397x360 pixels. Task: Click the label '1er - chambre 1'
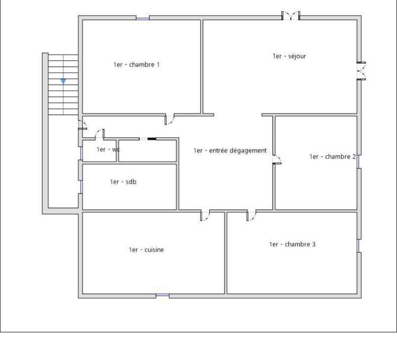[x=137, y=65]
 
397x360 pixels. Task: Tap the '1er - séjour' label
[x=290, y=56]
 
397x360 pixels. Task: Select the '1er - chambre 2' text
[x=332, y=157]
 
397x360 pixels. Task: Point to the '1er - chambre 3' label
[x=292, y=244]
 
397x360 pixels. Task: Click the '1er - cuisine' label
[x=146, y=250]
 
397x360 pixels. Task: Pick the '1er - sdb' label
[x=123, y=182]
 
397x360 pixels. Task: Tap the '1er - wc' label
[x=108, y=150]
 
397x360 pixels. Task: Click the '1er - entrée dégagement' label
[x=230, y=151]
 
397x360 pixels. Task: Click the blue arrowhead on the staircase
[x=63, y=82]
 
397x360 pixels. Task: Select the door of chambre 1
[x=170, y=120]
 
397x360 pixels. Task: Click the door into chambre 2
[x=277, y=160]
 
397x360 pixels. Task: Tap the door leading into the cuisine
[x=205, y=215]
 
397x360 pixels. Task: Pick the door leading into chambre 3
[x=251, y=215]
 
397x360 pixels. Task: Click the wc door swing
[x=100, y=134]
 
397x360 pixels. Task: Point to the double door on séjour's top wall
[x=291, y=16]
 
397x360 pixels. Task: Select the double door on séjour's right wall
[x=361, y=71]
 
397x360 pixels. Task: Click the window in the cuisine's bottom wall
[x=162, y=296]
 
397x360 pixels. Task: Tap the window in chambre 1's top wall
[x=142, y=18]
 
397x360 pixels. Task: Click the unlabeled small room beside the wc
[x=148, y=151]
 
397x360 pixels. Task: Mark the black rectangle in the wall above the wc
[x=152, y=139]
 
